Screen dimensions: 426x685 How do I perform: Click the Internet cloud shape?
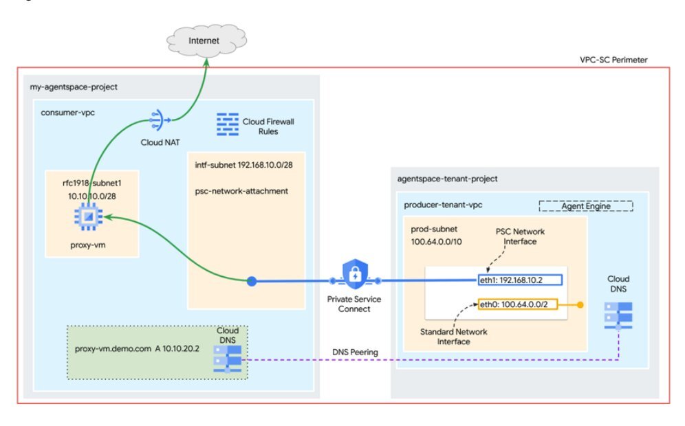pyautogui.click(x=204, y=41)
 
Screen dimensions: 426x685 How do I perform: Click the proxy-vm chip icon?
pyautogui.click(x=89, y=217)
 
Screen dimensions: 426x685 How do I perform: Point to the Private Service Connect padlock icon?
pyautogui.click(x=355, y=276)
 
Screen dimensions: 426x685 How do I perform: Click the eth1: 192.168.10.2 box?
pyautogui.click(x=520, y=280)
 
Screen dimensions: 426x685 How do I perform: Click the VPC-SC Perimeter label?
pyautogui.click(x=623, y=60)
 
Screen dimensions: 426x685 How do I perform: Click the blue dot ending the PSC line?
pyautogui.click(x=252, y=280)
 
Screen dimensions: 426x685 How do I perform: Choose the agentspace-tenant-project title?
pyautogui.click(x=447, y=179)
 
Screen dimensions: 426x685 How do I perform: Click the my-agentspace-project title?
pyautogui.click(x=74, y=87)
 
